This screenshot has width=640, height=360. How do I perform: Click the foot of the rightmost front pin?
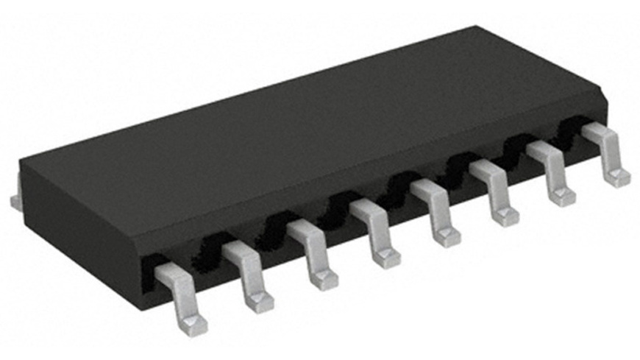point(616,177)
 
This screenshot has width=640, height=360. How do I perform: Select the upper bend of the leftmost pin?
point(171,274)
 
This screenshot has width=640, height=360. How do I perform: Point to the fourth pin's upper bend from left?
point(366,210)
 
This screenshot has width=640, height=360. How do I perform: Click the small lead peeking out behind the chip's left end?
point(15,200)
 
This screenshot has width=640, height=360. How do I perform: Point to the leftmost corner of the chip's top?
point(22,163)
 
